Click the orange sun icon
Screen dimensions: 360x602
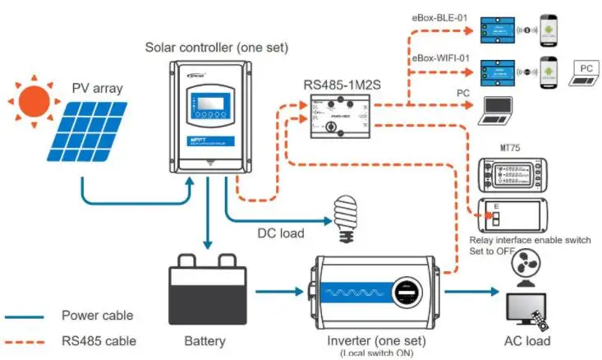tap(34, 101)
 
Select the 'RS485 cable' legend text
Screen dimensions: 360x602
tap(99, 340)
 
